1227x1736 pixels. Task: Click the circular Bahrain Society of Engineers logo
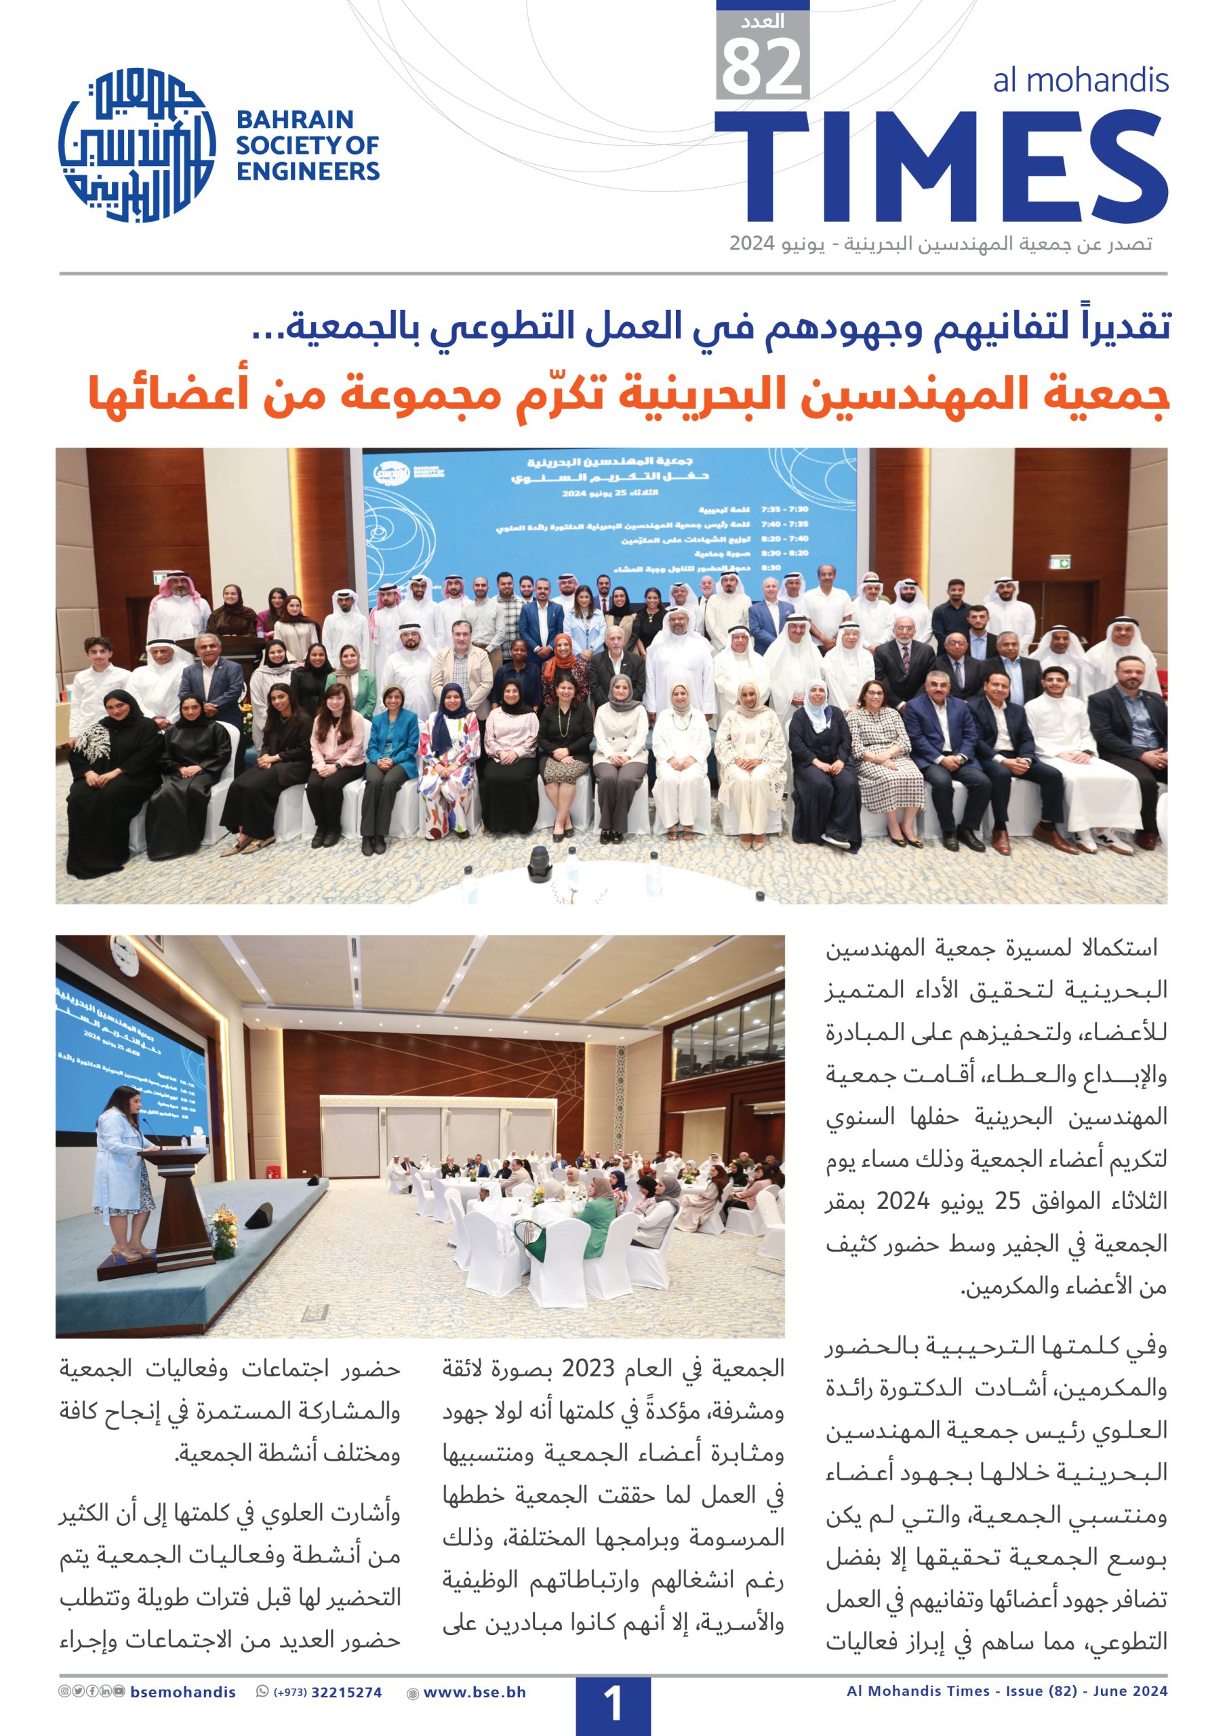tap(137, 145)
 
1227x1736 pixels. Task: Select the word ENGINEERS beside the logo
tap(308, 172)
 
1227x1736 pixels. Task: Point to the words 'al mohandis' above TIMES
tap(1081, 80)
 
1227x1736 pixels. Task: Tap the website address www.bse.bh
tap(474, 1692)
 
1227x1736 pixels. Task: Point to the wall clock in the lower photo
tap(120, 959)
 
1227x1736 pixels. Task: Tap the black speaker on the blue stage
tap(258, 1216)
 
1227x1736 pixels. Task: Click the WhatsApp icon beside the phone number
tap(262, 1692)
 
